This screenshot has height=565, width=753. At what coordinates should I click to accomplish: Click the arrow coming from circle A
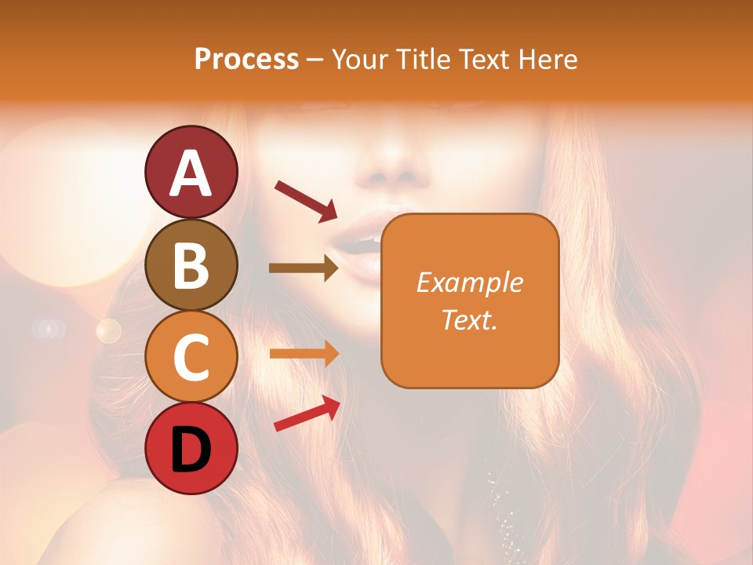[306, 200]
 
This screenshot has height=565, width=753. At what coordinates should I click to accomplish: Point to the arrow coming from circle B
[304, 268]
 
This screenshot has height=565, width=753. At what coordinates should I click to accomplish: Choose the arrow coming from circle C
[304, 354]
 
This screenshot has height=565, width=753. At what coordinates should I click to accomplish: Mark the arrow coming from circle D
[307, 414]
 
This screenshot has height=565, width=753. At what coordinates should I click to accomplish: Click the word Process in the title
[246, 60]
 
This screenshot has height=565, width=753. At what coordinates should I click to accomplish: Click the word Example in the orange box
[469, 282]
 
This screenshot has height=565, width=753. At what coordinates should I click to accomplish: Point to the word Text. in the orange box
[469, 319]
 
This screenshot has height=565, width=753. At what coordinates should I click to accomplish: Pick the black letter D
[191, 450]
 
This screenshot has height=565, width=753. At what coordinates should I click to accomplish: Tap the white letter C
[191, 358]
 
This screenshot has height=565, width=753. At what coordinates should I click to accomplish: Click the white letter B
[191, 266]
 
